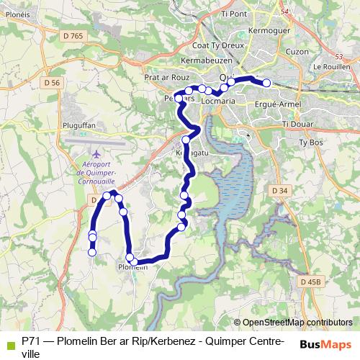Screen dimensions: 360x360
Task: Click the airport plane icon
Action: [x=97, y=153]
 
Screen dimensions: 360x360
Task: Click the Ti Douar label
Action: [x=295, y=124]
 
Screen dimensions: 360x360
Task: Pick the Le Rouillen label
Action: [x=331, y=66]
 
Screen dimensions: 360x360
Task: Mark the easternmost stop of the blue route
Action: [x=266, y=83]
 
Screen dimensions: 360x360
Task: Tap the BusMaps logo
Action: [x=325, y=343]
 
